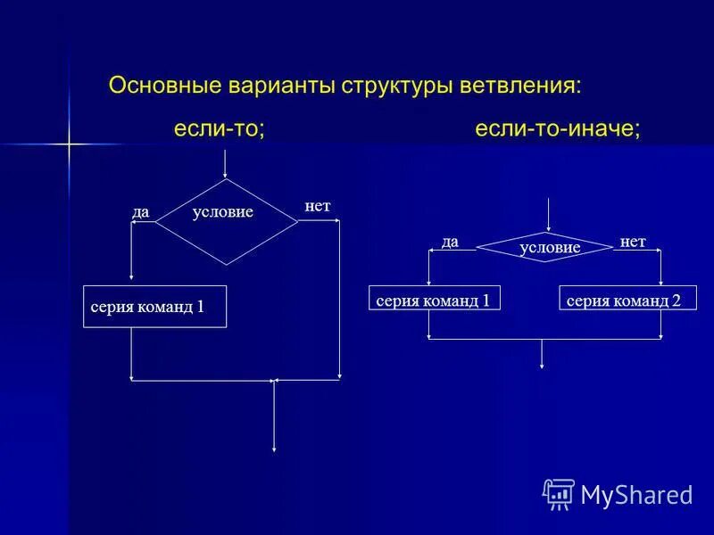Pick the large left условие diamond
[x=226, y=221]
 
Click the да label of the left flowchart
[x=140, y=212]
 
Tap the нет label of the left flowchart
[x=318, y=206]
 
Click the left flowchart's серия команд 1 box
[x=154, y=307]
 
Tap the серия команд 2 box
[x=627, y=299]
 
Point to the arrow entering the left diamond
[x=226, y=164]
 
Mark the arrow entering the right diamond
[x=546, y=216]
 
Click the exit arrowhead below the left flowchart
[x=273, y=447]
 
